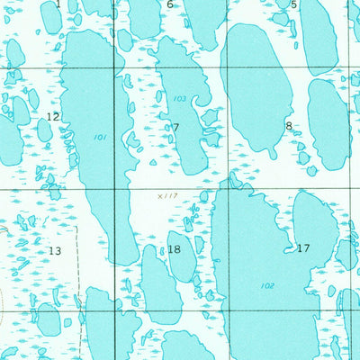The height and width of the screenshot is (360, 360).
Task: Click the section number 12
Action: point(53,117)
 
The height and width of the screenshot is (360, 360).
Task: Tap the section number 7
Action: point(175,128)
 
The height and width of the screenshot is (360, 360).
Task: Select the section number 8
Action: point(288,126)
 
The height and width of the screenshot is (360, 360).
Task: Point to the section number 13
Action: point(56,250)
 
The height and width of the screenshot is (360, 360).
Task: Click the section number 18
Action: point(174,249)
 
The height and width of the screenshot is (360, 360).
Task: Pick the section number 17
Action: point(302,247)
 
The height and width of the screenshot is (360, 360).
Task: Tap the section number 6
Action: point(169,4)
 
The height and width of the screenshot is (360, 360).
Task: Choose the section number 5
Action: point(293,5)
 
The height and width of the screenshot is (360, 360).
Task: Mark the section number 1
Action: point(58,4)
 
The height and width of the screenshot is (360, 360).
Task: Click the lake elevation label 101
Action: point(98,138)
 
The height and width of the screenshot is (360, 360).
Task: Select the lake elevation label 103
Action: point(180,98)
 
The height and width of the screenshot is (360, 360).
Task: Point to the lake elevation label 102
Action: point(267,285)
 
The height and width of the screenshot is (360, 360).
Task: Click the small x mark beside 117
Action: point(158,194)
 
